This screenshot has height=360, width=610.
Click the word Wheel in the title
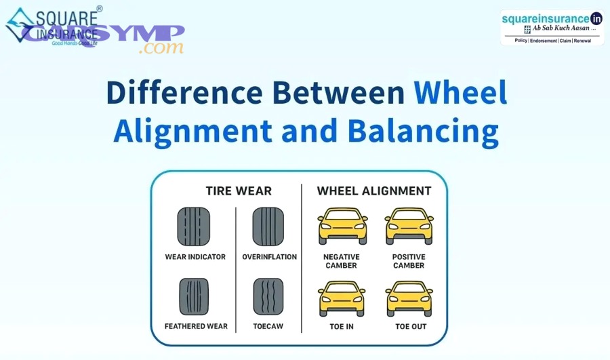pyautogui.click(x=460, y=93)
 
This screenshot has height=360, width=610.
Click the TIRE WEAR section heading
pyautogui.click(x=239, y=191)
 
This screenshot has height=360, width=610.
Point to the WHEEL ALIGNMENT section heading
pyautogui.click(x=374, y=191)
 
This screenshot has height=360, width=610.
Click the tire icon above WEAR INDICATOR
pyautogui.click(x=194, y=226)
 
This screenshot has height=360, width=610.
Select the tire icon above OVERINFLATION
pyautogui.click(x=268, y=226)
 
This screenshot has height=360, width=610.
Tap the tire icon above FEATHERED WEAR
pyautogui.click(x=194, y=297)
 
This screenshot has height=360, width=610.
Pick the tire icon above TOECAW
pyautogui.click(x=268, y=297)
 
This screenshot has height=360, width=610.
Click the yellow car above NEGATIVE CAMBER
pyautogui.click(x=342, y=226)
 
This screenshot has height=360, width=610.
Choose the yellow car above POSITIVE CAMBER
pyautogui.click(x=409, y=226)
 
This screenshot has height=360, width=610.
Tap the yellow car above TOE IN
pyautogui.click(x=342, y=298)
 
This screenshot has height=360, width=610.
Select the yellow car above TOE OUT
pyautogui.click(x=409, y=298)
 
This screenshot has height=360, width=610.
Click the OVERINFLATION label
pyautogui.click(x=269, y=258)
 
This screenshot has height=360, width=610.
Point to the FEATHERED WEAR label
pyautogui.click(x=196, y=327)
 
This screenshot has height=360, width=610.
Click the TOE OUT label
pyautogui.click(x=411, y=327)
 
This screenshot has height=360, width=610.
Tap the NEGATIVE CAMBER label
pyautogui.click(x=342, y=261)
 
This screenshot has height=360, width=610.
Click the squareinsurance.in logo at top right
pyautogui.click(x=552, y=27)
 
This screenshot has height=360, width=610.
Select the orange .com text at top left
pyautogui.click(x=160, y=48)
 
